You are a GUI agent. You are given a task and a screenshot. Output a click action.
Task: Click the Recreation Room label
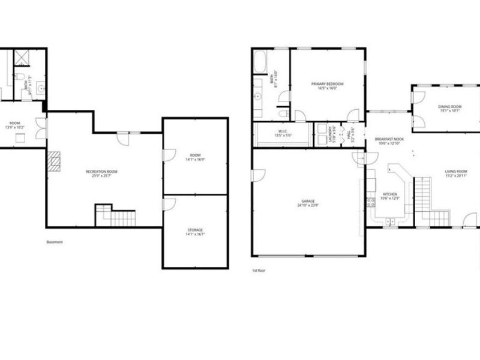coord(101,172)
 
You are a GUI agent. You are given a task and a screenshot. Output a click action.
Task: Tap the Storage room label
coord(194,230)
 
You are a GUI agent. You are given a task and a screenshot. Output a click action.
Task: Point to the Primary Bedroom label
coord(328,83)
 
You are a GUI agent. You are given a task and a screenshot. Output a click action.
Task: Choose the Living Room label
coord(456,172)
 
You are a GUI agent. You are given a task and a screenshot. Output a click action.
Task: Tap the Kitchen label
coord(390,194)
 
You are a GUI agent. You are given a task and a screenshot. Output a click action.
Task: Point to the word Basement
coord(55,242)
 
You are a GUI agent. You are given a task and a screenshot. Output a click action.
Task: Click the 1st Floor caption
coord(259,271)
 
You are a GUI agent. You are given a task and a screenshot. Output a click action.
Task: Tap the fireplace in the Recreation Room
coord(55,161)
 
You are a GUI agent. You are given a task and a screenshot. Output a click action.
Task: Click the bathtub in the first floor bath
coord(262,62)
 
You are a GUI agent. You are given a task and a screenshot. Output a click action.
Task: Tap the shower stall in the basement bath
coord(23,58)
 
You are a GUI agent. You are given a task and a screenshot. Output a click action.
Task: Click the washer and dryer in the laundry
coord(329,131)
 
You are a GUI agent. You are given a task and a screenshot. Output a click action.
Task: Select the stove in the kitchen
coord(371,202)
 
